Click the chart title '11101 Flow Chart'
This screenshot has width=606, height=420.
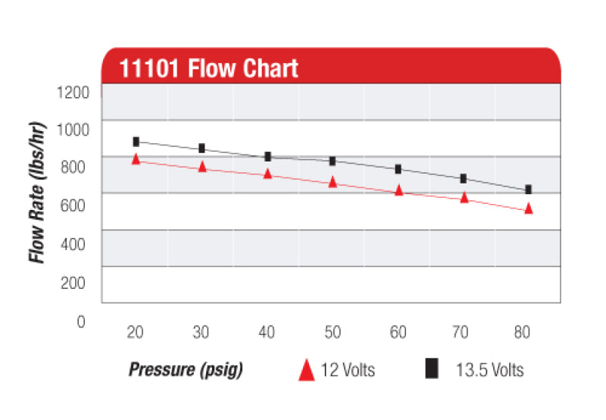click(208, 69)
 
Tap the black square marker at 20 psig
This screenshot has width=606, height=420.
click(136, 142)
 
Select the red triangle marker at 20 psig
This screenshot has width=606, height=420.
click(136, 159)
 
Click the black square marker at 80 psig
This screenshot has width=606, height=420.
click(528, 189)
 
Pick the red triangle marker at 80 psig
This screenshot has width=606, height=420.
click(529, 208)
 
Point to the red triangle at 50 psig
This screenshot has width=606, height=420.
click(333, 182)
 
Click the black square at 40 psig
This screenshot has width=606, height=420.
click(267, 157)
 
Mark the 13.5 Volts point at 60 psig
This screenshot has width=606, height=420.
click(398, 169)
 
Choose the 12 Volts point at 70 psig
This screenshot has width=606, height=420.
click(464, 198)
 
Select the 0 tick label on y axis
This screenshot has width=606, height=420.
click(81, 321)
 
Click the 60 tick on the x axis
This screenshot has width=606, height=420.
click(397, 334)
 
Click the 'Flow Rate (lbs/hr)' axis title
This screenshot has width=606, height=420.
click(37, 193)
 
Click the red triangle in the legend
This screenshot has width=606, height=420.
click(306, 370)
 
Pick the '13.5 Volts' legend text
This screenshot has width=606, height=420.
click(489, 371)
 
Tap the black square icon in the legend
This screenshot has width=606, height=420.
click(432, 369)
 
